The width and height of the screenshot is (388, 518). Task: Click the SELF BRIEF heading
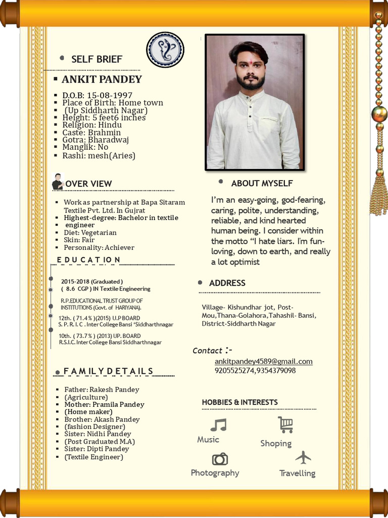[96, 59]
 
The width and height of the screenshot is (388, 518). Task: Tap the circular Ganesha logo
[165, 50]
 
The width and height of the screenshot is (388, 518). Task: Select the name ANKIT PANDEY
[102, 79]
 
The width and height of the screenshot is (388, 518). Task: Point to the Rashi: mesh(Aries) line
[99, 155]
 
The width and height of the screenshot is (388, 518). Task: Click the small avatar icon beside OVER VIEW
[58, 182]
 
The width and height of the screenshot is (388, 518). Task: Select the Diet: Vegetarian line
[90, 233]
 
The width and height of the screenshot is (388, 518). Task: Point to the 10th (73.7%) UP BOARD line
[100, 336]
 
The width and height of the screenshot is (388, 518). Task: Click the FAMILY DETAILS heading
[108, 371]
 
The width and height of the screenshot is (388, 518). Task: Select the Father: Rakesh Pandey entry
[102, 390]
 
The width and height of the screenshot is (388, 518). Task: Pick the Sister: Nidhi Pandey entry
[98, 434]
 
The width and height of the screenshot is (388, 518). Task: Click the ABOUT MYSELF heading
[262, 183]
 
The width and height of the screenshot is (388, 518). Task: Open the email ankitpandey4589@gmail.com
[263, 361]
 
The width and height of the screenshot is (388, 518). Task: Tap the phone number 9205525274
[234, 371]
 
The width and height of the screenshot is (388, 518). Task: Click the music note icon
[218, 424]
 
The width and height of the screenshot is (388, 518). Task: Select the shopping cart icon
[285, 425]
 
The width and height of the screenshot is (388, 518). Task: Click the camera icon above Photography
[220, 459]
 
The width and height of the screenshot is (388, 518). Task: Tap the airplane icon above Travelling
[303, 457]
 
